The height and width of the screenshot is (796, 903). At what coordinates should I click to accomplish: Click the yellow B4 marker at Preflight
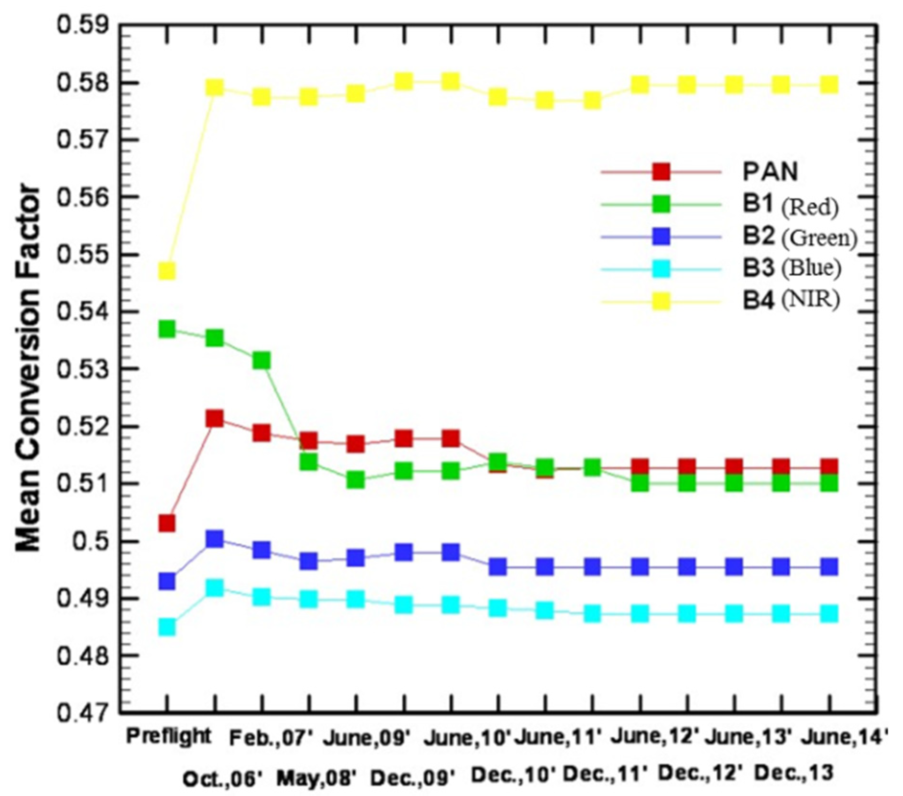[x=166, y=271]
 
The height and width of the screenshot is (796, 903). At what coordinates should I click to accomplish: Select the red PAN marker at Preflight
[x=166, y=523]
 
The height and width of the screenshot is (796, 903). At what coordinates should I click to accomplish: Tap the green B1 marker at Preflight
[x=166, y=329]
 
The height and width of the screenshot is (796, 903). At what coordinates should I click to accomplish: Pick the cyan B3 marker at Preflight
[x=166, y=626]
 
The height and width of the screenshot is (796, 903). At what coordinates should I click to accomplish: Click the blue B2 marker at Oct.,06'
[x=215, y=539]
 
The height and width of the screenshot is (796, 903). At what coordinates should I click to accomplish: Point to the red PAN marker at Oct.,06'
[x=215, y=419]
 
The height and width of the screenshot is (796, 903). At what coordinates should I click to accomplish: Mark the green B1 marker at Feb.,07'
[x=261, y=360]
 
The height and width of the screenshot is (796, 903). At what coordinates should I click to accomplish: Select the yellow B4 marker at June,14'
[x=829, y=85]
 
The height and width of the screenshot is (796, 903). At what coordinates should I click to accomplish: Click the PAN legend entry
[x=770, y=172]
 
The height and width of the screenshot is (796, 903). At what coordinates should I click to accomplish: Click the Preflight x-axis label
[x=168, y=736]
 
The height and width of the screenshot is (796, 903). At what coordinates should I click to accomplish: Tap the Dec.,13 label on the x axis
[x=794, y=773]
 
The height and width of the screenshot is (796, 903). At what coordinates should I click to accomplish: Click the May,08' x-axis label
[x=317, y=779]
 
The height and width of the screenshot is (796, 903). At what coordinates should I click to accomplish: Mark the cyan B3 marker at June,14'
[x=829, y=613]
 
